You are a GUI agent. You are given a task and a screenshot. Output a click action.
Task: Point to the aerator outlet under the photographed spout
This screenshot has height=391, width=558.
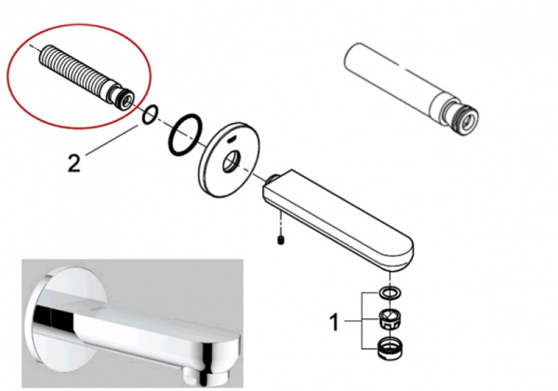(193, 371)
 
